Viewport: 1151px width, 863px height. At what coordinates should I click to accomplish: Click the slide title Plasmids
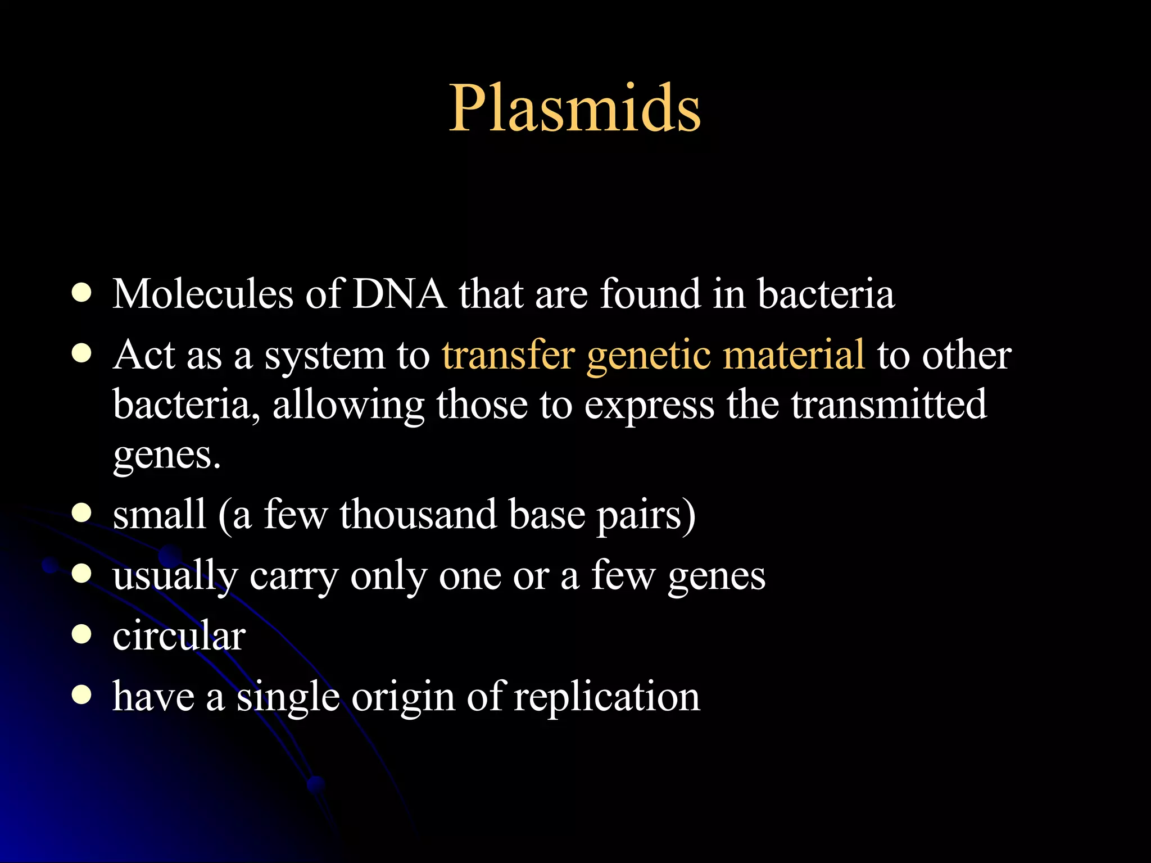pyautogui.click(x=574, y=108)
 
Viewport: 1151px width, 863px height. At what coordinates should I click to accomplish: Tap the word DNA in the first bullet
pyautogui.click(x=399, y=294)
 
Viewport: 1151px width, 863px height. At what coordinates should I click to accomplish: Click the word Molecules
pyautogui.click(x=202, y=294)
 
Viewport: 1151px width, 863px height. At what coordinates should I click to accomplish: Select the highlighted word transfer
pyautogui.click(x=508, y=355)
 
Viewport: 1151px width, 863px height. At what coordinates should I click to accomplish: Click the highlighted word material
pyautogui.click(x=794, y=355)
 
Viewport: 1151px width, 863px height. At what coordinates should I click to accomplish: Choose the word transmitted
pyautogui.click(x=889, y=404)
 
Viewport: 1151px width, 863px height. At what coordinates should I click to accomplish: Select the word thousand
pyautogui.click(x=418, y=515)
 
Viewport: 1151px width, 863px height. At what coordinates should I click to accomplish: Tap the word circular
pyautogui.click(x=179, y=636)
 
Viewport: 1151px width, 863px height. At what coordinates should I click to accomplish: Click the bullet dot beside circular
pyautogui.click(x=82, y=635)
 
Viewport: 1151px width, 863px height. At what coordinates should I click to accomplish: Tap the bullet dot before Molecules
pyautogui.click(x=82, y=293)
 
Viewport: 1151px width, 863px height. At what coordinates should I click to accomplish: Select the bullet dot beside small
pyautogui.click(x=82, y=513)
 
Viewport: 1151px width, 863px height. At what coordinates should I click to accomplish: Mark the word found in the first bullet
pyautogui.click(x=650, y=294)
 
